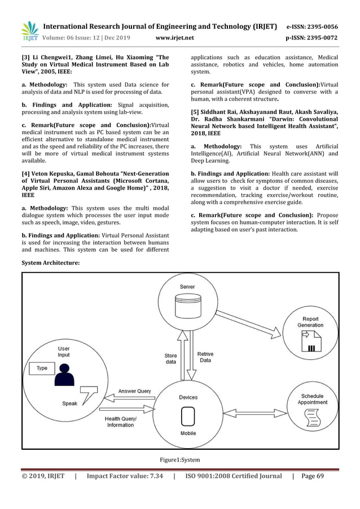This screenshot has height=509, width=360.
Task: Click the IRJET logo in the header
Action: coord(29,31)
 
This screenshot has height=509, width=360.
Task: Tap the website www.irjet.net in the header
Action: coord(174,38)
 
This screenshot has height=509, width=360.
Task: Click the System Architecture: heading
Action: coord(50,263)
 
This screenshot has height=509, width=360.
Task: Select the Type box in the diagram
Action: coord(42,368)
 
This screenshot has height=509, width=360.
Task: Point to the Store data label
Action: coord(170,359)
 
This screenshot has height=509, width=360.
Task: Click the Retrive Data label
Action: coord(205,357)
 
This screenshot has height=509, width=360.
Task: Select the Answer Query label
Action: coord(134,391)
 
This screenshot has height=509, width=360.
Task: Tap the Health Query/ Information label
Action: coord(121,422)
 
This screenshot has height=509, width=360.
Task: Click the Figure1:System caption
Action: coord(180,459)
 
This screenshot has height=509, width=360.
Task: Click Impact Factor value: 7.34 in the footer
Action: coord(125,476)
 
